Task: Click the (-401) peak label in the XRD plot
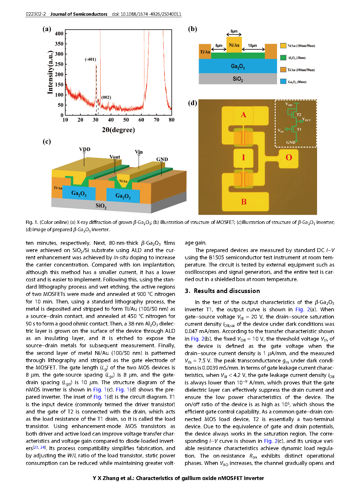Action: (x=90, y=59)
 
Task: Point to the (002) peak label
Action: (x=106, y=97)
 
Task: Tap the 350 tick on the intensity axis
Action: (x=59, y=44)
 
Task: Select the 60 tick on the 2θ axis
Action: (x=141, y=120)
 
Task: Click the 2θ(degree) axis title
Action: (x=118, y=130)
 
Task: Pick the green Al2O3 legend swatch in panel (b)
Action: (x=283, y=57)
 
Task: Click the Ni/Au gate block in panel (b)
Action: (x=234, y=45)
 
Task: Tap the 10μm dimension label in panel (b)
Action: (x=252, y=46)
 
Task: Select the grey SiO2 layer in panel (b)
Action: (x=238, y=79)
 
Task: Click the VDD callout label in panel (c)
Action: (x=85, y=149)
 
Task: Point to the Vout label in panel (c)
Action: (x=115, y=157)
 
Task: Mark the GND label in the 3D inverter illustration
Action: (x=162, y=159)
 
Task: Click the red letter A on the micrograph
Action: (x=243, y=115)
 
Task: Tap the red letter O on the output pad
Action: (x=289, y=157)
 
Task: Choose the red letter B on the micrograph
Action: (x=244, y=202)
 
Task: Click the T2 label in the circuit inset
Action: (x=299, y=115)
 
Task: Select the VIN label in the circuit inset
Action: (x=281, y=131)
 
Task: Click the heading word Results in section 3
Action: (x=205, y=291)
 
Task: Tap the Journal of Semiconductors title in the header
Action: (x=79, y=14)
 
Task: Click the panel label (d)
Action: (x=193, y=103)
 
